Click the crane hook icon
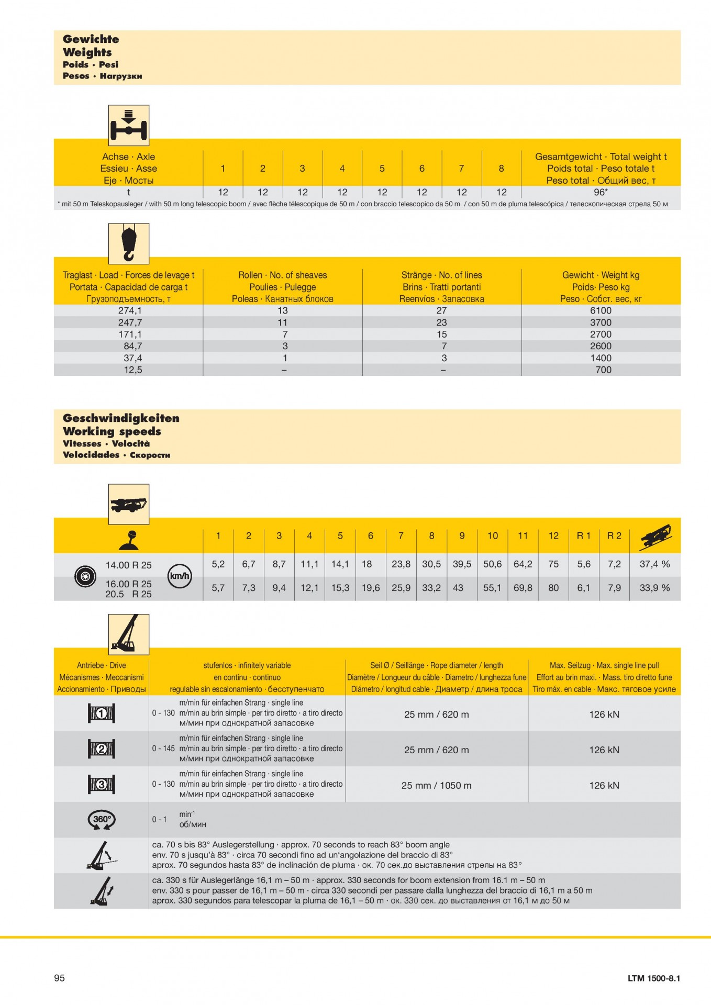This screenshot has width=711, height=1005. (129, 243)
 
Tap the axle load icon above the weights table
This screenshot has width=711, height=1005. (129, 126)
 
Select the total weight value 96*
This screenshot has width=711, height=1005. (601, 192)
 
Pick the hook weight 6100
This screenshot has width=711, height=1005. (601, 310)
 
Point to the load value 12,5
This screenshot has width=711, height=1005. (133, 370)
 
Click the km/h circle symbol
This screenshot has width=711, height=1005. (179, 576)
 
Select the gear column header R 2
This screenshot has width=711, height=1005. (614, 535)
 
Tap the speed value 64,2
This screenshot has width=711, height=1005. (523, 564)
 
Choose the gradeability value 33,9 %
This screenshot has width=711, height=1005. (654, 588)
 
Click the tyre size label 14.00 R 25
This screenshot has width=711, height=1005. (128, 565)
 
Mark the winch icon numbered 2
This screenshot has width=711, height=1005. (102, 749)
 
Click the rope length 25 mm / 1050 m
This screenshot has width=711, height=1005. (436, 785)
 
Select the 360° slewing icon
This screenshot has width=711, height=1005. (102, 820)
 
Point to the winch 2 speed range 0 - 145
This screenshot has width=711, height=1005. (163, 749)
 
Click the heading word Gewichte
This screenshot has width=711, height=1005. (91, 39)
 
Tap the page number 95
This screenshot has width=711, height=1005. (60, 978)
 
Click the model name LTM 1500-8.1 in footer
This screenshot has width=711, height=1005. (653, 978)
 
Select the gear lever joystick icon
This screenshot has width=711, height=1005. (129, 540)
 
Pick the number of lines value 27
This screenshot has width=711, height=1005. (441, 310)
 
